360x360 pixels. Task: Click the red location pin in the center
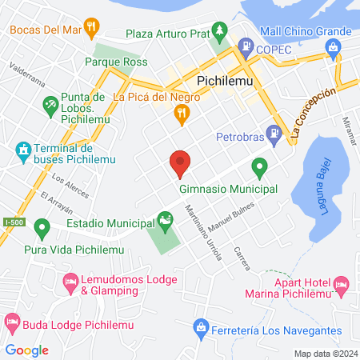point(180,163)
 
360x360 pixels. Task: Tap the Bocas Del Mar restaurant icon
point(93,26)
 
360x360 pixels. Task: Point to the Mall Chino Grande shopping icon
point(332,48)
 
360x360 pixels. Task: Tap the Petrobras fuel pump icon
point(274,133)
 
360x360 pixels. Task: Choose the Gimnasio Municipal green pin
point(259,168)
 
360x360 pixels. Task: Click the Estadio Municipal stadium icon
point(165,218)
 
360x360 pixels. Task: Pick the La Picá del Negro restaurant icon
point(182,114)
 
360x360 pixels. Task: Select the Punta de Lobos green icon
point(51,104)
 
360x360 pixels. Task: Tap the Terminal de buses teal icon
point(22,150)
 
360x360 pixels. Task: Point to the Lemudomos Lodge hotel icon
point(69,282)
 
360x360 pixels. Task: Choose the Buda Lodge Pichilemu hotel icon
point(12,322)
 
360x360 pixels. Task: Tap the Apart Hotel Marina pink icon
point(342,283)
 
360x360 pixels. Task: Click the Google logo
point(26,350)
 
